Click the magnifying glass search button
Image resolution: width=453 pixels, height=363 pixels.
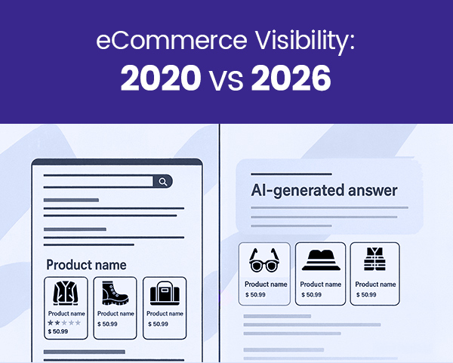(x=162, y=181)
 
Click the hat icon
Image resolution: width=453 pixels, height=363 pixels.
(x=320, y=260)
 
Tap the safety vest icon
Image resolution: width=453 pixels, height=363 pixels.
(x=375, y=260)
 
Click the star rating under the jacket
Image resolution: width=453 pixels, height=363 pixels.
(x=64, y=322)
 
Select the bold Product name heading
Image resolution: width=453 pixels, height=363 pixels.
(x=86, y=265)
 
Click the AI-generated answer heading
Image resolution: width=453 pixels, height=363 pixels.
(x=324, y=191)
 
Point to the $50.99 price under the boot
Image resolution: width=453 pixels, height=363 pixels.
(x=108, y=324)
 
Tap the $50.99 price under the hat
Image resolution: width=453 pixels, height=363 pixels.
(x=312, y=294)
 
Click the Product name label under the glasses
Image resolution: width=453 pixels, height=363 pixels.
(x=267, y=285)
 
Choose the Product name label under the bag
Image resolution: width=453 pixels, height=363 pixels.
(x=165, y=314)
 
